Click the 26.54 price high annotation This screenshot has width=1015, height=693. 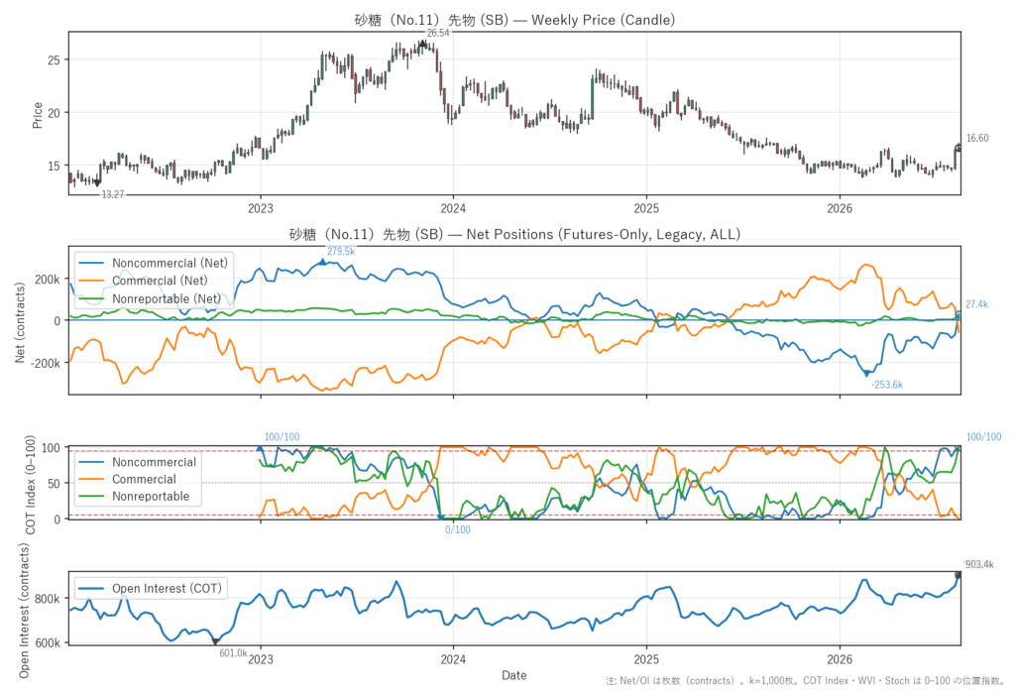tap(437, 33)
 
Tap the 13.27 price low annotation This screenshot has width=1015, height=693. tap(113, 194)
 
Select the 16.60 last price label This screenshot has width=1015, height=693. tap(977, 138)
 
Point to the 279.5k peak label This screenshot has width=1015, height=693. tap(341, 251)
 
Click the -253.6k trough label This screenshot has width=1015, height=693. tap(887, 385)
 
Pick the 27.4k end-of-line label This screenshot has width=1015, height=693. tap(976, 304)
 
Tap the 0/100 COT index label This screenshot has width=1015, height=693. tap(458, 529)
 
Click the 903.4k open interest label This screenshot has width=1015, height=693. tap(979, 565)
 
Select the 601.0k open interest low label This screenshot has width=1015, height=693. tap(233, 652)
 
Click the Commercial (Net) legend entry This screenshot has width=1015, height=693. tap(160, 281)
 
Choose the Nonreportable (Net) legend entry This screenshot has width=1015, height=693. tap(167, 298)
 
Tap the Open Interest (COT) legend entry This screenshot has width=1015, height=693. tap(167, 588)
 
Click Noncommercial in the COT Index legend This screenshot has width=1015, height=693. tap(154, 462)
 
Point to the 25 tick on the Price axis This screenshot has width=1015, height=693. tap(54, 60)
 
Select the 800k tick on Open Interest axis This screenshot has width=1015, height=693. tap(48, 599)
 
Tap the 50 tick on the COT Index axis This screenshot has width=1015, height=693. tap(55, 483)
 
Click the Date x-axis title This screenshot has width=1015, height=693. tap(514, 675)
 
